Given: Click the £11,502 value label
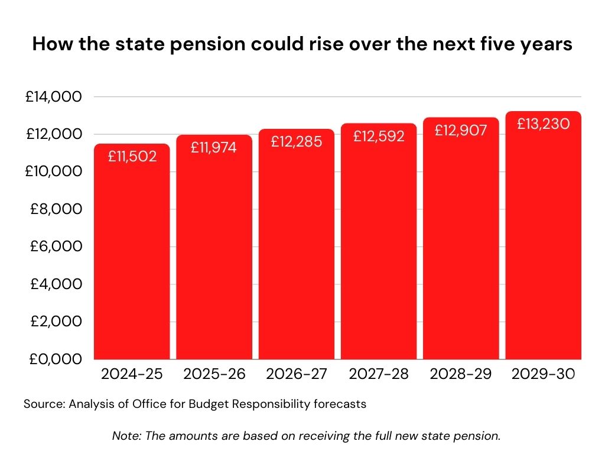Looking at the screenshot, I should coord(132,157).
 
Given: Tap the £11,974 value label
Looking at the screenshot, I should coord(214,148).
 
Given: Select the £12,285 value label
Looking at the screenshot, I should coord(296,142).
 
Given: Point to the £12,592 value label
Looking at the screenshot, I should coord(379,136).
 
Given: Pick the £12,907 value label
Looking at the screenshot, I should coord(461,130).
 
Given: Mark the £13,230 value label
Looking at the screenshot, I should coord(544,124).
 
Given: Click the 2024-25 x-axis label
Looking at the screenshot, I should coord(132,374).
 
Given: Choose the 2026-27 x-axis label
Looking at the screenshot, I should coord(296,374).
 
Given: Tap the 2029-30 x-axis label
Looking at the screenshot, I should coord(544,374).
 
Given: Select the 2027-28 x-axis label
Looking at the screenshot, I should coord(379,374).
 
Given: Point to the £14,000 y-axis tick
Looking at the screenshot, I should coord(53,97).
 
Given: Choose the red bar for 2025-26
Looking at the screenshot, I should coord(214,254).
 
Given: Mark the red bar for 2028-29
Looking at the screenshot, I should coord(461,248).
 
